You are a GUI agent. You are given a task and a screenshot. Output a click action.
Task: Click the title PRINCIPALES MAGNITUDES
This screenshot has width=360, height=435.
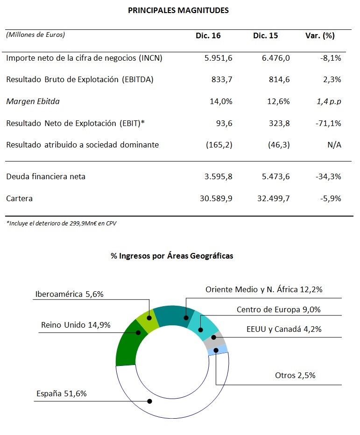[178, 11]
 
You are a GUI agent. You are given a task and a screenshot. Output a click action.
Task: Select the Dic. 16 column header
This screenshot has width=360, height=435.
[208, 35]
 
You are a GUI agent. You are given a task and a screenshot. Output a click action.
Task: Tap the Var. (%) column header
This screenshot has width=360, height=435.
[320, 36]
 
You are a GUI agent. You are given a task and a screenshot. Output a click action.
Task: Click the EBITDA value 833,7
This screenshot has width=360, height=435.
[222, 80]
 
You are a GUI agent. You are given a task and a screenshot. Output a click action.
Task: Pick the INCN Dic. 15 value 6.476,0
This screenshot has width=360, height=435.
[276, 58]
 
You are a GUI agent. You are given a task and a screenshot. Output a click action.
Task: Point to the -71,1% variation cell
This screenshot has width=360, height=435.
[328, 123]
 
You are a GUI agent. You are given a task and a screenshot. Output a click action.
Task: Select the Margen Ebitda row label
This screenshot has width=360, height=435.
[33, 102]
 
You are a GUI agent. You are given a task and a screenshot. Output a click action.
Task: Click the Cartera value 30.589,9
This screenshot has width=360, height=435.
[216, 199]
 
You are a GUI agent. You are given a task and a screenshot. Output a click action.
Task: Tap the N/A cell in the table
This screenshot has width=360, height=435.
[334, 145]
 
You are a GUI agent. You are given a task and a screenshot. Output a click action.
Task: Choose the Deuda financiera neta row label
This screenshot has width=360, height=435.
[46, 177]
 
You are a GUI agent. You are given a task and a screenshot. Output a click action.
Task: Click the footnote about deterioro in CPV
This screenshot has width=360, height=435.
[61, 223]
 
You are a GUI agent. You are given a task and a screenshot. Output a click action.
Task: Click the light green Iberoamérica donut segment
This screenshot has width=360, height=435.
[148, 319]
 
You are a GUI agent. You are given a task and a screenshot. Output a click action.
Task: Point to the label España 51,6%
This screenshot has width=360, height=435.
[62, 393]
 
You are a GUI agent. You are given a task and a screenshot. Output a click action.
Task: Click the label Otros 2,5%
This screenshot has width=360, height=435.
[295, 375]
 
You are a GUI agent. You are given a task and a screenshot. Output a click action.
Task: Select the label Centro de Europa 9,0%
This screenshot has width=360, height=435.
[278, 309]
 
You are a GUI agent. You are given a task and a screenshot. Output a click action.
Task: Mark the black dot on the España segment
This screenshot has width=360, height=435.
[149, 401]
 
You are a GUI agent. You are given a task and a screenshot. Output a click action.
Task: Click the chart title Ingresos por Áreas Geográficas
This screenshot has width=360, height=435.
[172, 256]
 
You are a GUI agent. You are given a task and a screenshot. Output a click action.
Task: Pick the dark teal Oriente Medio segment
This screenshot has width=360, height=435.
[174, 316]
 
